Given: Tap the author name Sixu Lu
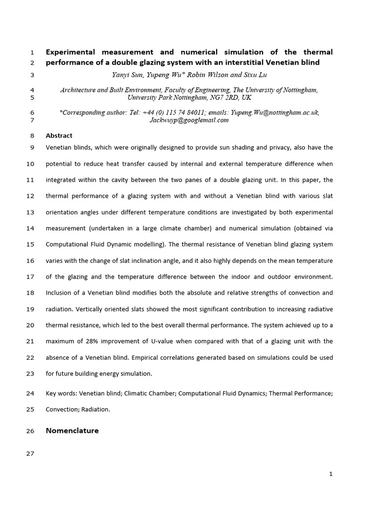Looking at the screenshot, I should (x=256, y=76).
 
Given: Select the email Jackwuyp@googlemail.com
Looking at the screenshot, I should (x=189, y=120).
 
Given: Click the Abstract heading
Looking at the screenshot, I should (x=59, y=135).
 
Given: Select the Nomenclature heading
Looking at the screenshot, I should (x=72, y=430).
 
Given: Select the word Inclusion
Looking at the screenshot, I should (x=60, y=293).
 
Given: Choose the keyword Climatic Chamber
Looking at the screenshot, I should (x=150, y=393).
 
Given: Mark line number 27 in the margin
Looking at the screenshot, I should (x=30, y=454).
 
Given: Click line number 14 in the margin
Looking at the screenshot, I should (x=30, y=228).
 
